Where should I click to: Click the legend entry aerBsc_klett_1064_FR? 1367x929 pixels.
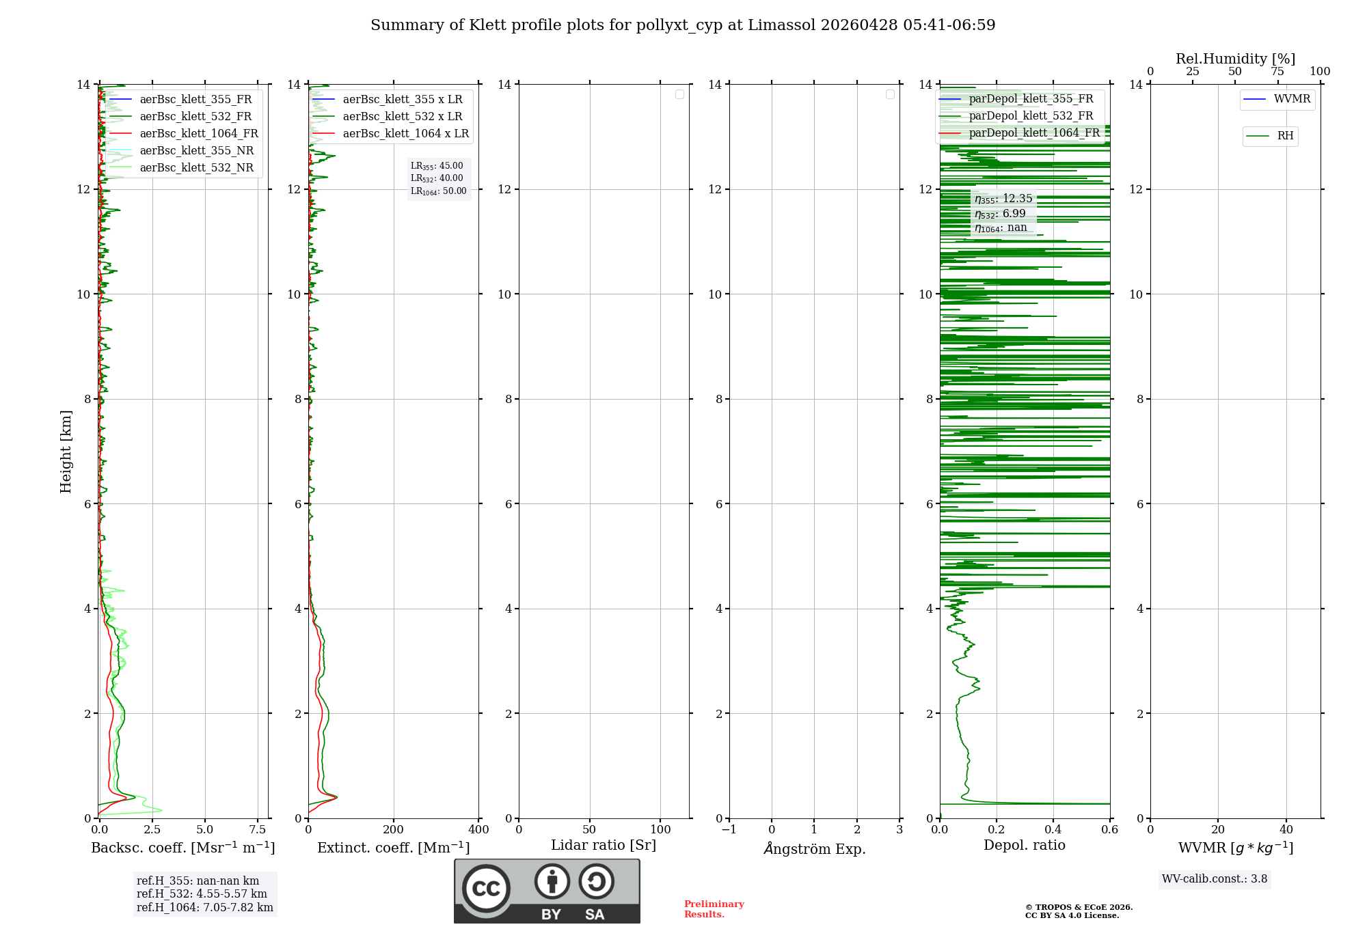coord(198,134)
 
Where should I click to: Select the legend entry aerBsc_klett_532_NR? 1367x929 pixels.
coord(196,168)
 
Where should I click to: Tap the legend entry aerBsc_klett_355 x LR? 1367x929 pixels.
coord(402,100)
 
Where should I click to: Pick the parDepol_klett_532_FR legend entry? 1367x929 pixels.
coord(1031,116)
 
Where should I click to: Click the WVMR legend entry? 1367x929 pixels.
coord(1292,99)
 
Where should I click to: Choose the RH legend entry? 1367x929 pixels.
coord(1285,136)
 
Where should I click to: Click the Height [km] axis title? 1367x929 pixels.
coord(66,451)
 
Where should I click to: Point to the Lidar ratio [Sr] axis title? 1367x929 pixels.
coord(603,846)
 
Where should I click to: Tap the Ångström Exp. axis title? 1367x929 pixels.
coord(814,848)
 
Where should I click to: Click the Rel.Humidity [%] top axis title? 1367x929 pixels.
coord(1235,59)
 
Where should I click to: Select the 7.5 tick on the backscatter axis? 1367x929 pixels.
coord(258,830)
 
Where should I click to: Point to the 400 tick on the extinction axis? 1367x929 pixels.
coord(478,830)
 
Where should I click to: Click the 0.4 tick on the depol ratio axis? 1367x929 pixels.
coord(1053,830)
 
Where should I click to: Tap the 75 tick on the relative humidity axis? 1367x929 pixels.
coord(1277,72)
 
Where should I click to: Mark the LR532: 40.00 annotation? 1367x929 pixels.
coord(437,178)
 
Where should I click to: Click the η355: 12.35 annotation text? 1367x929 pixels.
coord(1003,199)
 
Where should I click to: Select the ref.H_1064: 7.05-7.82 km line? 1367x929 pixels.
coord(204,908)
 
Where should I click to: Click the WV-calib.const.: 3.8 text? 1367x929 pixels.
coord(1214,879)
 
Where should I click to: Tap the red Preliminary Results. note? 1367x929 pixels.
coord(714,909)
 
